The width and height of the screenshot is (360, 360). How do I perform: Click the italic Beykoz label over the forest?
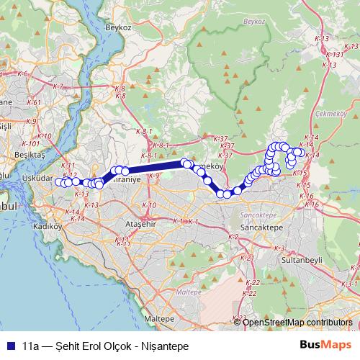pos(255,22)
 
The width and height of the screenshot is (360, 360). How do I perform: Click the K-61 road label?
pos(33,103)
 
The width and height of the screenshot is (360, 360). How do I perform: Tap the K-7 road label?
pos(58,86)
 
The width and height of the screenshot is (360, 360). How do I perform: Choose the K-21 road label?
pos(247,257)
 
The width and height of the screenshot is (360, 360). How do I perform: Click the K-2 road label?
pos(233,236)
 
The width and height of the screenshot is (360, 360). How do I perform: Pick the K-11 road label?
pos(68,165)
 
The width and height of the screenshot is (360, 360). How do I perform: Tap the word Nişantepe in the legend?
pos(166,346)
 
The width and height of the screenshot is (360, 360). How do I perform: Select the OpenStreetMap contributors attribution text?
pos(297,322)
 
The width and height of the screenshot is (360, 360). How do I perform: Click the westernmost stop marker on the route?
pos(59,181)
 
